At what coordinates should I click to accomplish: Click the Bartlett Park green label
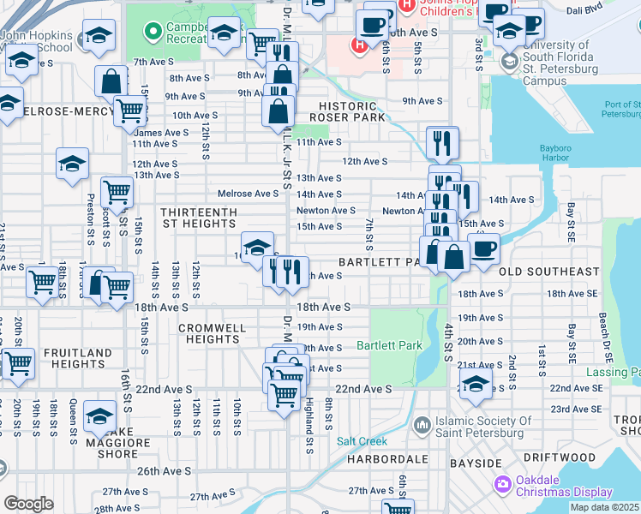[x=390, y=346]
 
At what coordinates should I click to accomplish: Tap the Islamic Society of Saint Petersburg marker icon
[x=422, y=426]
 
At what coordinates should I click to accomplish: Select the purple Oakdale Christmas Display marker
[x=503, y=485]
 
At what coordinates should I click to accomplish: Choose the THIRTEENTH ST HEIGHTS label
[x=197, y=217]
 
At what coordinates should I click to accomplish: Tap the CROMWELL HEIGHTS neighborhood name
[x=213, y=333]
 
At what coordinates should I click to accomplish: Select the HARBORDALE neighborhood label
[x=387, y=460]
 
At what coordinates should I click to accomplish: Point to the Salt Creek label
[x=362, y=442]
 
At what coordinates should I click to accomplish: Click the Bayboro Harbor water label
[x=554, y=152]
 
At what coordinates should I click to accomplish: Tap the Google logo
[x=28, y=504]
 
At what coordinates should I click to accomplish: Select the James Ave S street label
[x=161, y=133]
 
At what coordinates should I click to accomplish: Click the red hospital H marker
[x=360, y=45]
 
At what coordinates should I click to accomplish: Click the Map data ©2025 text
[x=606, y=507]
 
